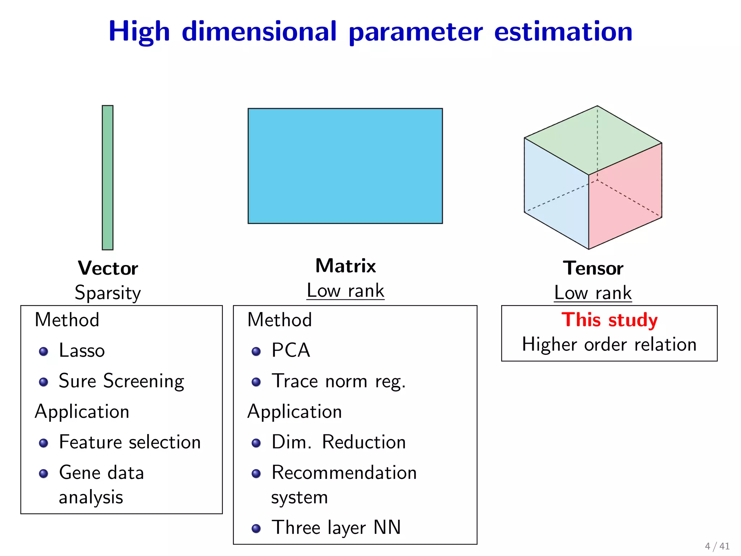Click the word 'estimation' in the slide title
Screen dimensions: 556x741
point(563,32)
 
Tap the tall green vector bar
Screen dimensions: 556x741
point(107,177)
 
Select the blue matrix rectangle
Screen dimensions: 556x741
point(345,166)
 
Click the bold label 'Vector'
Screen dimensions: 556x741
point(108,268)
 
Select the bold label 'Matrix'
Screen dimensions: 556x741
point(346,266)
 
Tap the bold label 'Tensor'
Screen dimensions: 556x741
point(593,268)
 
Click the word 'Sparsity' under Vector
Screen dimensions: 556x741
point(108,292)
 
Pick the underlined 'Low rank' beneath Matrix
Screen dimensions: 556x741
point(346,291)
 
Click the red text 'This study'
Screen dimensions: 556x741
point(609,320)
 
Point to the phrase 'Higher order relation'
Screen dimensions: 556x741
point(609,344)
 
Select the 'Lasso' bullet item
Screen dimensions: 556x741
point(82,350)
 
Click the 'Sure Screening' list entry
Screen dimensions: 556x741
point(122,381)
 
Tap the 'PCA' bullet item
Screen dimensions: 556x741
point(291,350)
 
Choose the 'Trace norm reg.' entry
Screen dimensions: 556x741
point(339,381)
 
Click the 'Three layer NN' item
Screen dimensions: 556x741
point(336,527)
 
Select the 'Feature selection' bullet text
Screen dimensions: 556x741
point(130,442)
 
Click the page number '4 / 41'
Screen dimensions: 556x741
point(717,546)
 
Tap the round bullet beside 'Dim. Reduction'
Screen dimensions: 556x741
point(256,443)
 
